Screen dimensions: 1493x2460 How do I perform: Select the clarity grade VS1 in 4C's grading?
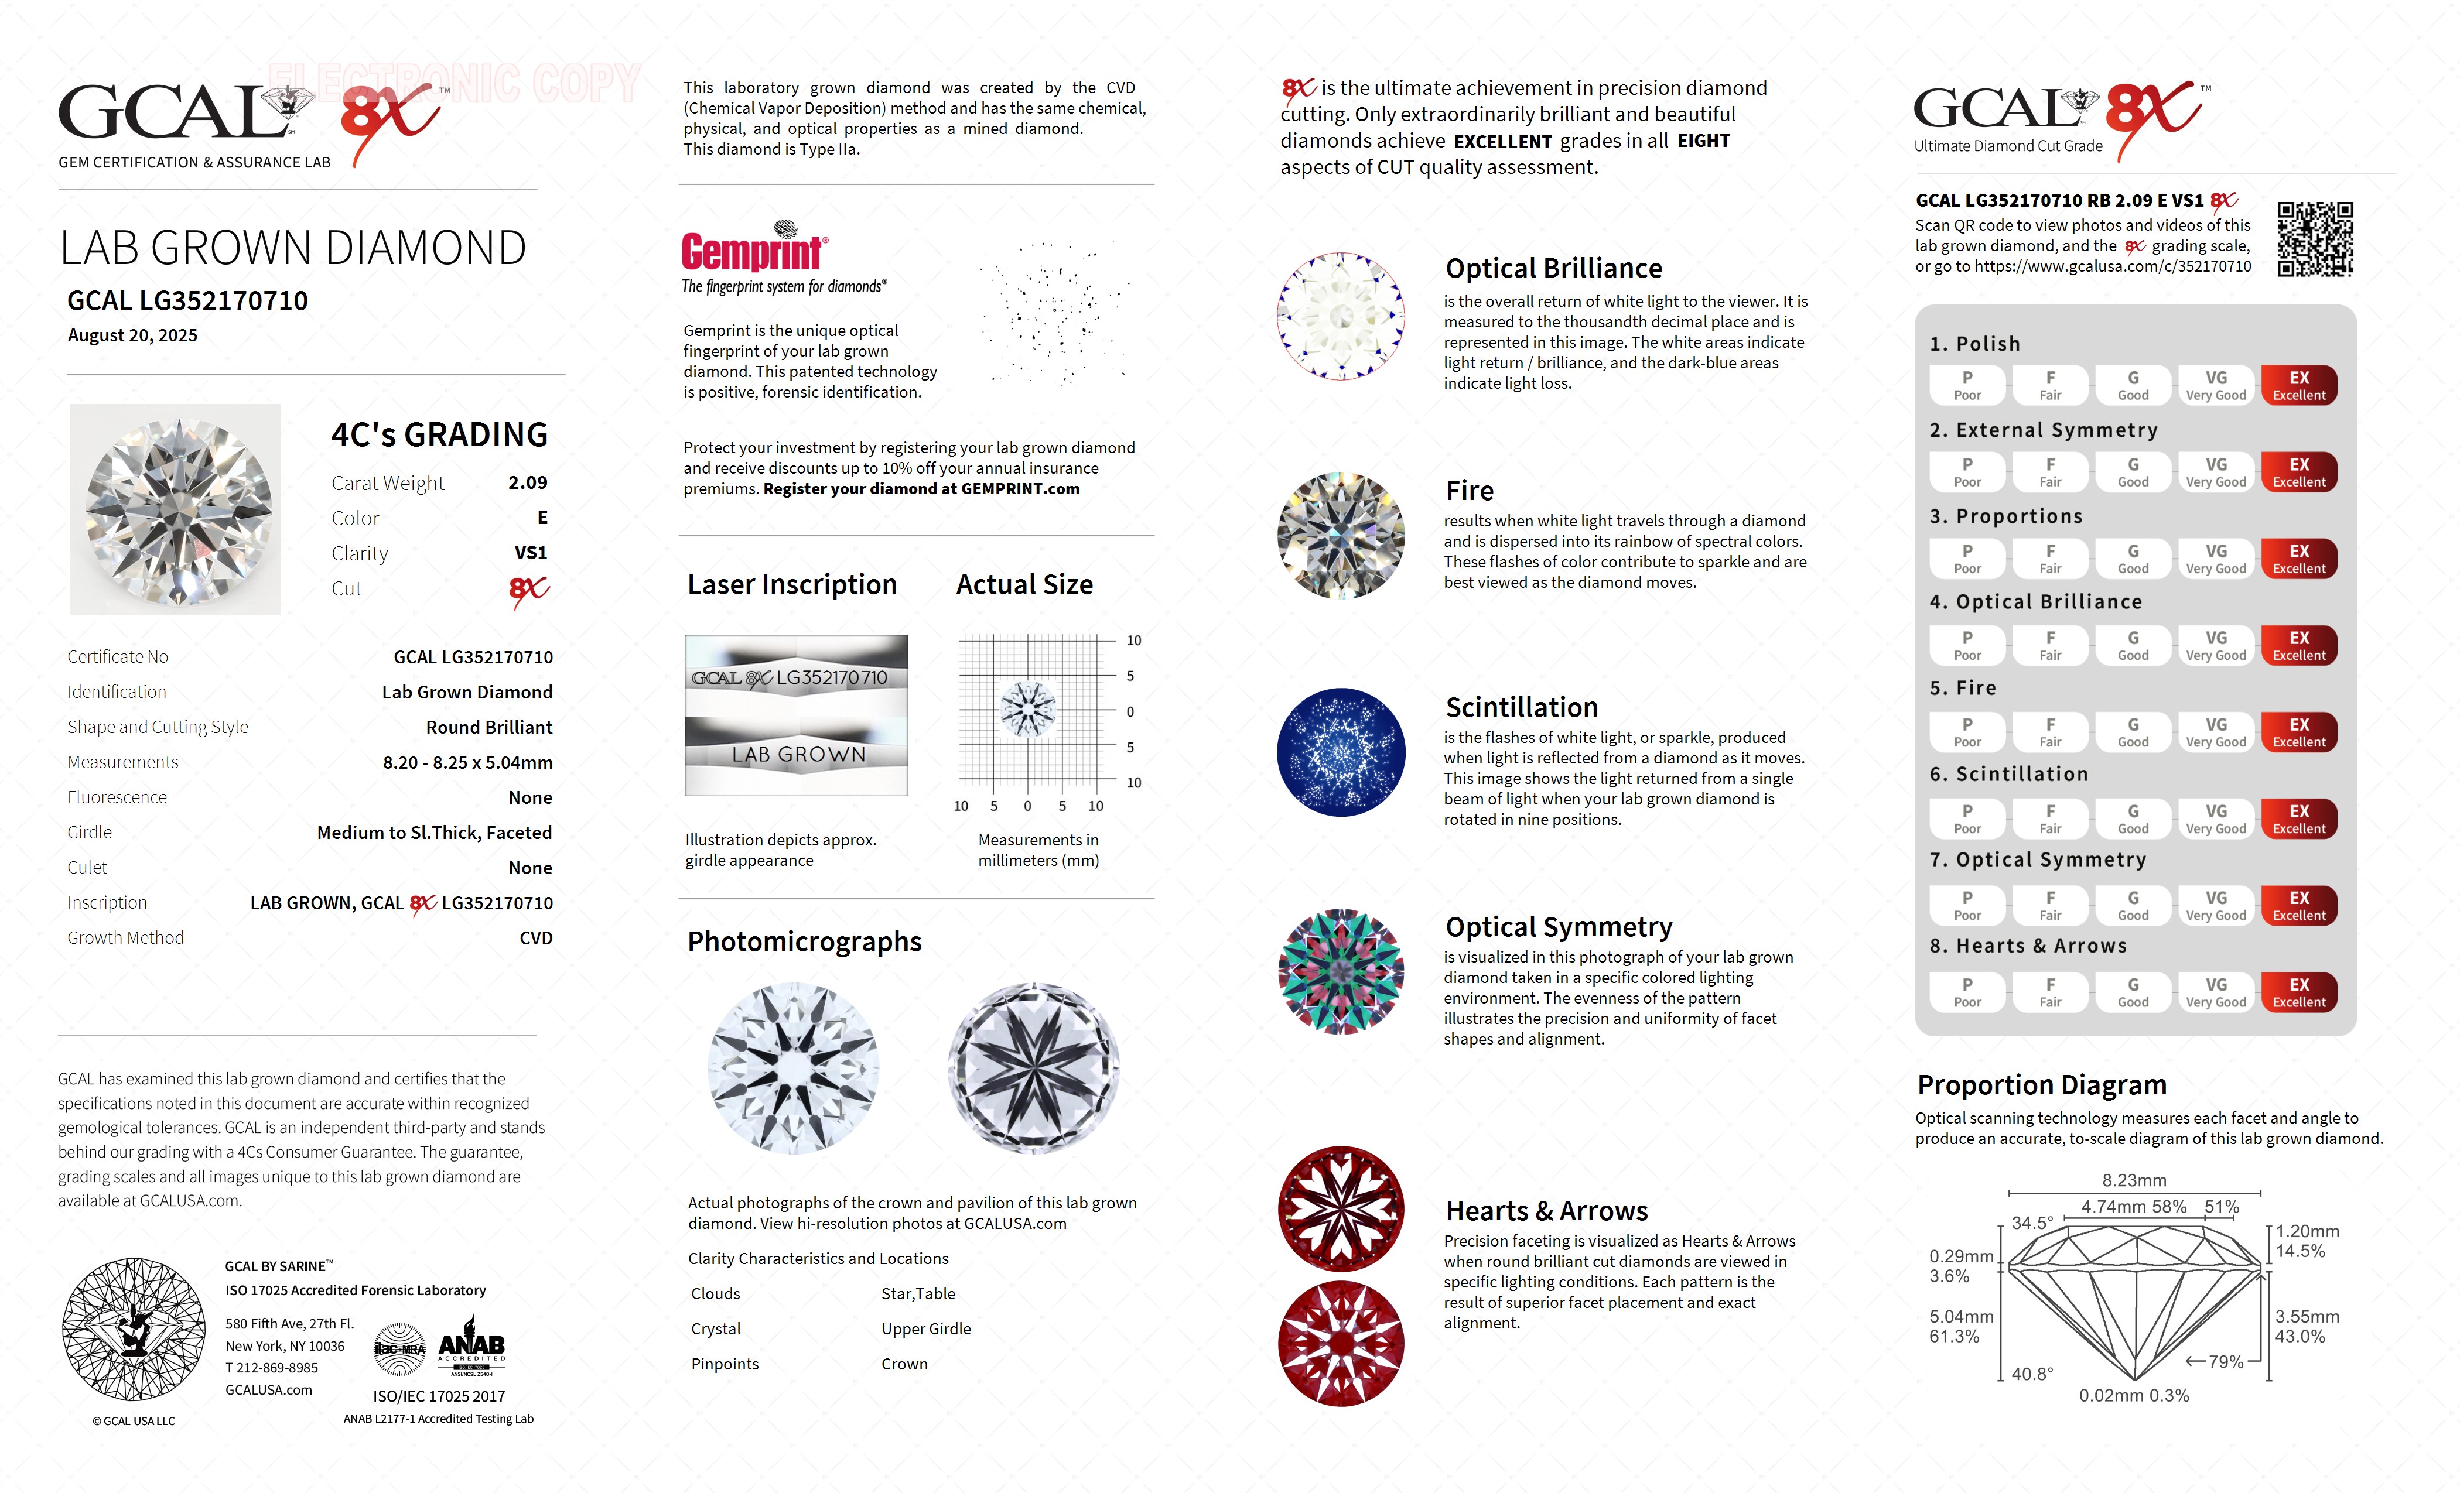coord(530,553)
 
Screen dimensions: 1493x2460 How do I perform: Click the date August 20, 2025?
coord(133,335)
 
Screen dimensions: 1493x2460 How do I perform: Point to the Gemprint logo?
coord(754,249)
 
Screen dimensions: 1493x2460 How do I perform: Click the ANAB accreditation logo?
coord(471,1347)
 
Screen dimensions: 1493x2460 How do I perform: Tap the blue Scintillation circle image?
coord(1341,752)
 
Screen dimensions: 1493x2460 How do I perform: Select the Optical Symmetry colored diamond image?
coord(1341,971)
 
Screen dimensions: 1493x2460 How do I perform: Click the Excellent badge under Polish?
coord(2298,385)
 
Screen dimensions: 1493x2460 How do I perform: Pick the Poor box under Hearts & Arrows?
coord(1967,992)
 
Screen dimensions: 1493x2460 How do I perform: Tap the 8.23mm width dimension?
coord(2134,1180)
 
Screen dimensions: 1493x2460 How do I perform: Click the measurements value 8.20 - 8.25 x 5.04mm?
coord(467,762)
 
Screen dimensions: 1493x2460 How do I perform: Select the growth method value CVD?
coord(535,938)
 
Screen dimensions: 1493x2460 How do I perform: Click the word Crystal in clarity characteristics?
coord(716,1329)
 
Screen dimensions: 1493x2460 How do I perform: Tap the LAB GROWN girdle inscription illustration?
coord(797,755)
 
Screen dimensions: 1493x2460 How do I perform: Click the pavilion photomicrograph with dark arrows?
coord(1033,1069)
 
